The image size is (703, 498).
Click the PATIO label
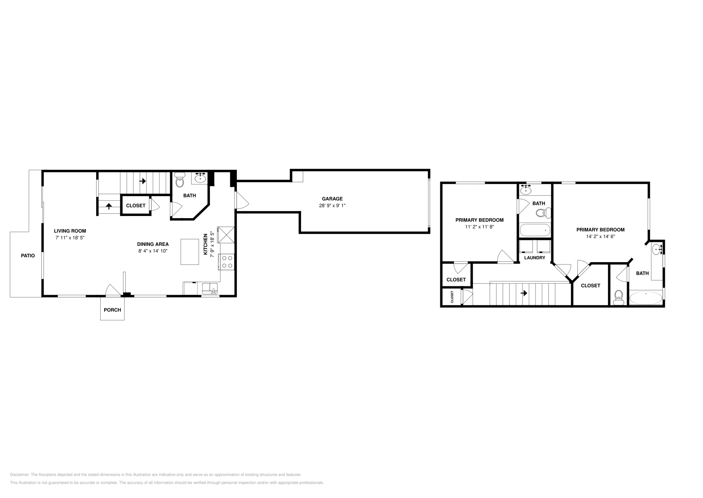pyautogui.click(x=28, y=255)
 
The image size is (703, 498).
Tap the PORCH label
pyautogui.click(x=112, y=310)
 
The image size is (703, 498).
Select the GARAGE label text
pyautogui.click(x=332, y=199)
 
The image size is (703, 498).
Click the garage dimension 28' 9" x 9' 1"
pyautogui.click(x=332, y=205)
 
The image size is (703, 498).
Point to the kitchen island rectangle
pyautogui.click(x=189, y=252)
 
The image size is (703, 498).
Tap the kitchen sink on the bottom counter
pyautogui.click(x=210, y=289)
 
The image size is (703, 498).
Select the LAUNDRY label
pyautogui.click(x=534, y=258)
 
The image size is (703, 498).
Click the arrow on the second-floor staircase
pyautogui.click(x=523, y=293)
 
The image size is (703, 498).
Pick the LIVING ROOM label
pyautogui.click(x=70, y=231)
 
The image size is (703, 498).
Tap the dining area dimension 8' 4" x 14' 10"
pyautogui.click(x=152, y=251)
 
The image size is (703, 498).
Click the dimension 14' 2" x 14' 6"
pyautogui.click(x=600, y=236)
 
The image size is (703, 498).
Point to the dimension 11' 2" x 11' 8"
pyautogui.click(x=479, y=227)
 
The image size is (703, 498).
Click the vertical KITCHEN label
pyautogui.click(x=205, y=244)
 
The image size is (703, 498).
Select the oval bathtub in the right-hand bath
pyautogui.click(x=645, y=298)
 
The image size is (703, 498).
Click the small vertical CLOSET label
pyautogui.click(x=452, y=297)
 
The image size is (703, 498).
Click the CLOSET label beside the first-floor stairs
pyautogui.click(x=135, y=205)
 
